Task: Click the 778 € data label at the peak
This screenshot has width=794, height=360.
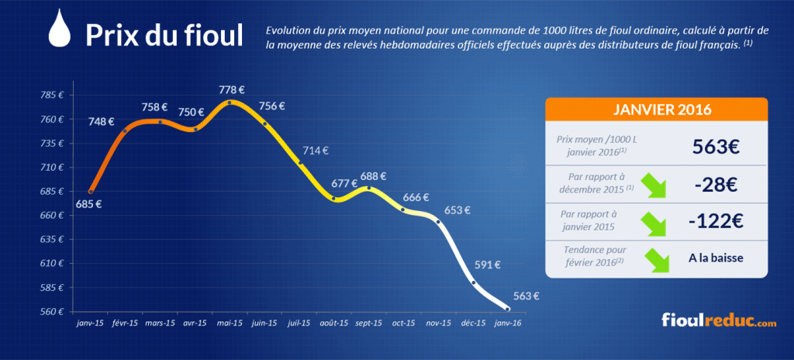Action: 232,90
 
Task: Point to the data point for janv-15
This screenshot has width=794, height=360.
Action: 91,192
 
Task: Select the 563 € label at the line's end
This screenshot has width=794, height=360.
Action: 526,296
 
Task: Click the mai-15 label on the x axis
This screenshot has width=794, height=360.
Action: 230,323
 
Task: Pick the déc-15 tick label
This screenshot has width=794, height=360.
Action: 475,323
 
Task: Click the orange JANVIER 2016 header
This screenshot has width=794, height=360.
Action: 656,109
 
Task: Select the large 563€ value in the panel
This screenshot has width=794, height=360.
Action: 716,147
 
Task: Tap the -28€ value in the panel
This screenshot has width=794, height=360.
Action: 716,185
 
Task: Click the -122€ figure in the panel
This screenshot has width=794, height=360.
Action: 716,221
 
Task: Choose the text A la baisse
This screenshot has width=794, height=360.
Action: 716,258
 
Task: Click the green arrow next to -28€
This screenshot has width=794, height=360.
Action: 654,185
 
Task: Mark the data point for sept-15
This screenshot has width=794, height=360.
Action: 368,188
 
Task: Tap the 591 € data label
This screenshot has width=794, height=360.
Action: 488,264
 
